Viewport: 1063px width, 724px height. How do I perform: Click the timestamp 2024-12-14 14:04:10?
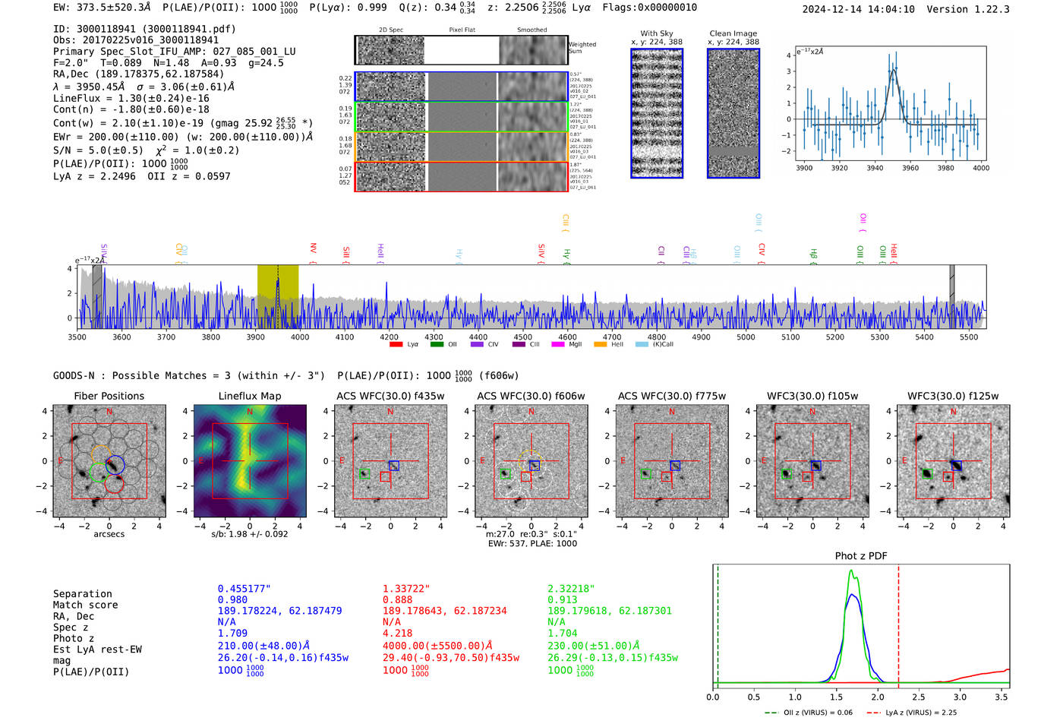click(858, 9)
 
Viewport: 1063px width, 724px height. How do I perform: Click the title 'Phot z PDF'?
click(860, 556)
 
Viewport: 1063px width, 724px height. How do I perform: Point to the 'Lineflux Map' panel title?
click(249, 396)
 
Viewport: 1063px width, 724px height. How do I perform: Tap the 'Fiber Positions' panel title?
click(109, 396)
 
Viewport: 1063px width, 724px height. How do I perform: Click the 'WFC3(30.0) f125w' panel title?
click(953, 396)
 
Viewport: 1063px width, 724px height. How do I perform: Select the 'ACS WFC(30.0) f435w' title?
click(390, 396)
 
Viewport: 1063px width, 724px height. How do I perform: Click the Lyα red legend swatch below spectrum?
click(396, 345)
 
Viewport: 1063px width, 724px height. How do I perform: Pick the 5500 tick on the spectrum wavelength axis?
click(969, 337)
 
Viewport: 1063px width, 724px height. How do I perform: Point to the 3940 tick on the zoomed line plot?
click(875, 168)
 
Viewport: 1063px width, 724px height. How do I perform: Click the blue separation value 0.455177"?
click(244, 589)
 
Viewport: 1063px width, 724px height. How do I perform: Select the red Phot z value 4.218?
click(397, 633)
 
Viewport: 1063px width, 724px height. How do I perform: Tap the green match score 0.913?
click(562, 599)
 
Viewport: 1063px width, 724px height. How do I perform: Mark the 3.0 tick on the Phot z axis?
click(960, 697)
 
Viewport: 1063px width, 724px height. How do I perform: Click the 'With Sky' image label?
click(656, 33)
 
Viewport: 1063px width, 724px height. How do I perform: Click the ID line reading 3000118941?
click(144, 29)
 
